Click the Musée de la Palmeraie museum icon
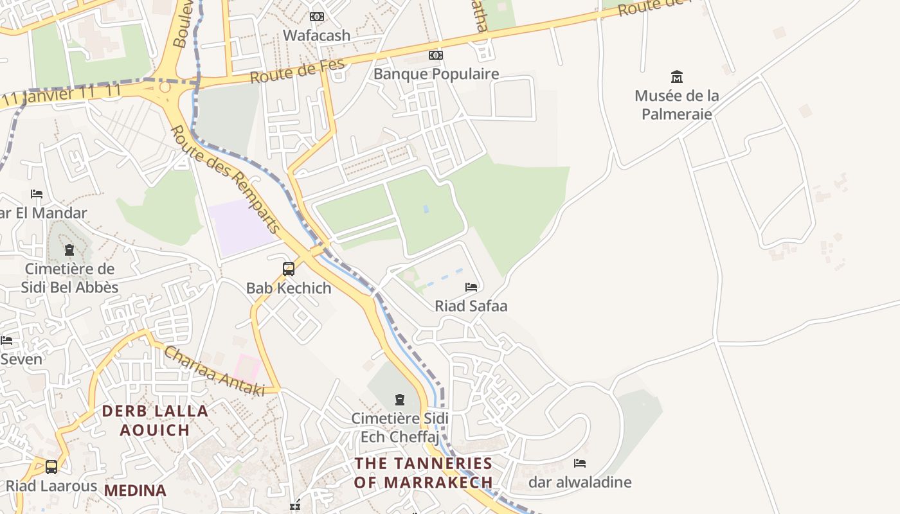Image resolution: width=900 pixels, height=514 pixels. [676, 77]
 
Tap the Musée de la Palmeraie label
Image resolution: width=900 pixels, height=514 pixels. [676, 105]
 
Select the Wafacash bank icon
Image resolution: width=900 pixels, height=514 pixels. [317, 17]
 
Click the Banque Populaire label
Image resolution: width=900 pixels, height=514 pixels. [436, 74]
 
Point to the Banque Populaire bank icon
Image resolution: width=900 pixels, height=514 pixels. [436, 55]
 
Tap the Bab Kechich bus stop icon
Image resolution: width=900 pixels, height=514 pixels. [289, 269]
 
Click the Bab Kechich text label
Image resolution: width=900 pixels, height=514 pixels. [289, 288]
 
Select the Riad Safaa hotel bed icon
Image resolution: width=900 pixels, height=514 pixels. [471, 287]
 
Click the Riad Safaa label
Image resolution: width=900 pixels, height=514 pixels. [471, 306]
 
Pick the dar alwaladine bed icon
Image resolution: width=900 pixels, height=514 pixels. [580, 463]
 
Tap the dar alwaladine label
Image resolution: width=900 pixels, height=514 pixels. [580, 482]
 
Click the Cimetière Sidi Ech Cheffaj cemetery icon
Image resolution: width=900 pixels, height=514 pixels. [400, 400]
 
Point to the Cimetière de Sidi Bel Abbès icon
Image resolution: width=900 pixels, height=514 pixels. [69, 250]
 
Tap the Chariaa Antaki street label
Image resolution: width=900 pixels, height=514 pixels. [214, 371]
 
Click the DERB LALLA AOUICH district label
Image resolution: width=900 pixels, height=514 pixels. [155, 420]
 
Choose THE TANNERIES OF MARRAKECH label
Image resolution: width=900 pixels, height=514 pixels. [424, 472]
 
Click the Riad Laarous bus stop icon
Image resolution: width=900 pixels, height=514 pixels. [51, 467]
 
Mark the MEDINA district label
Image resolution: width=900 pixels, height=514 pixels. [135, 491]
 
